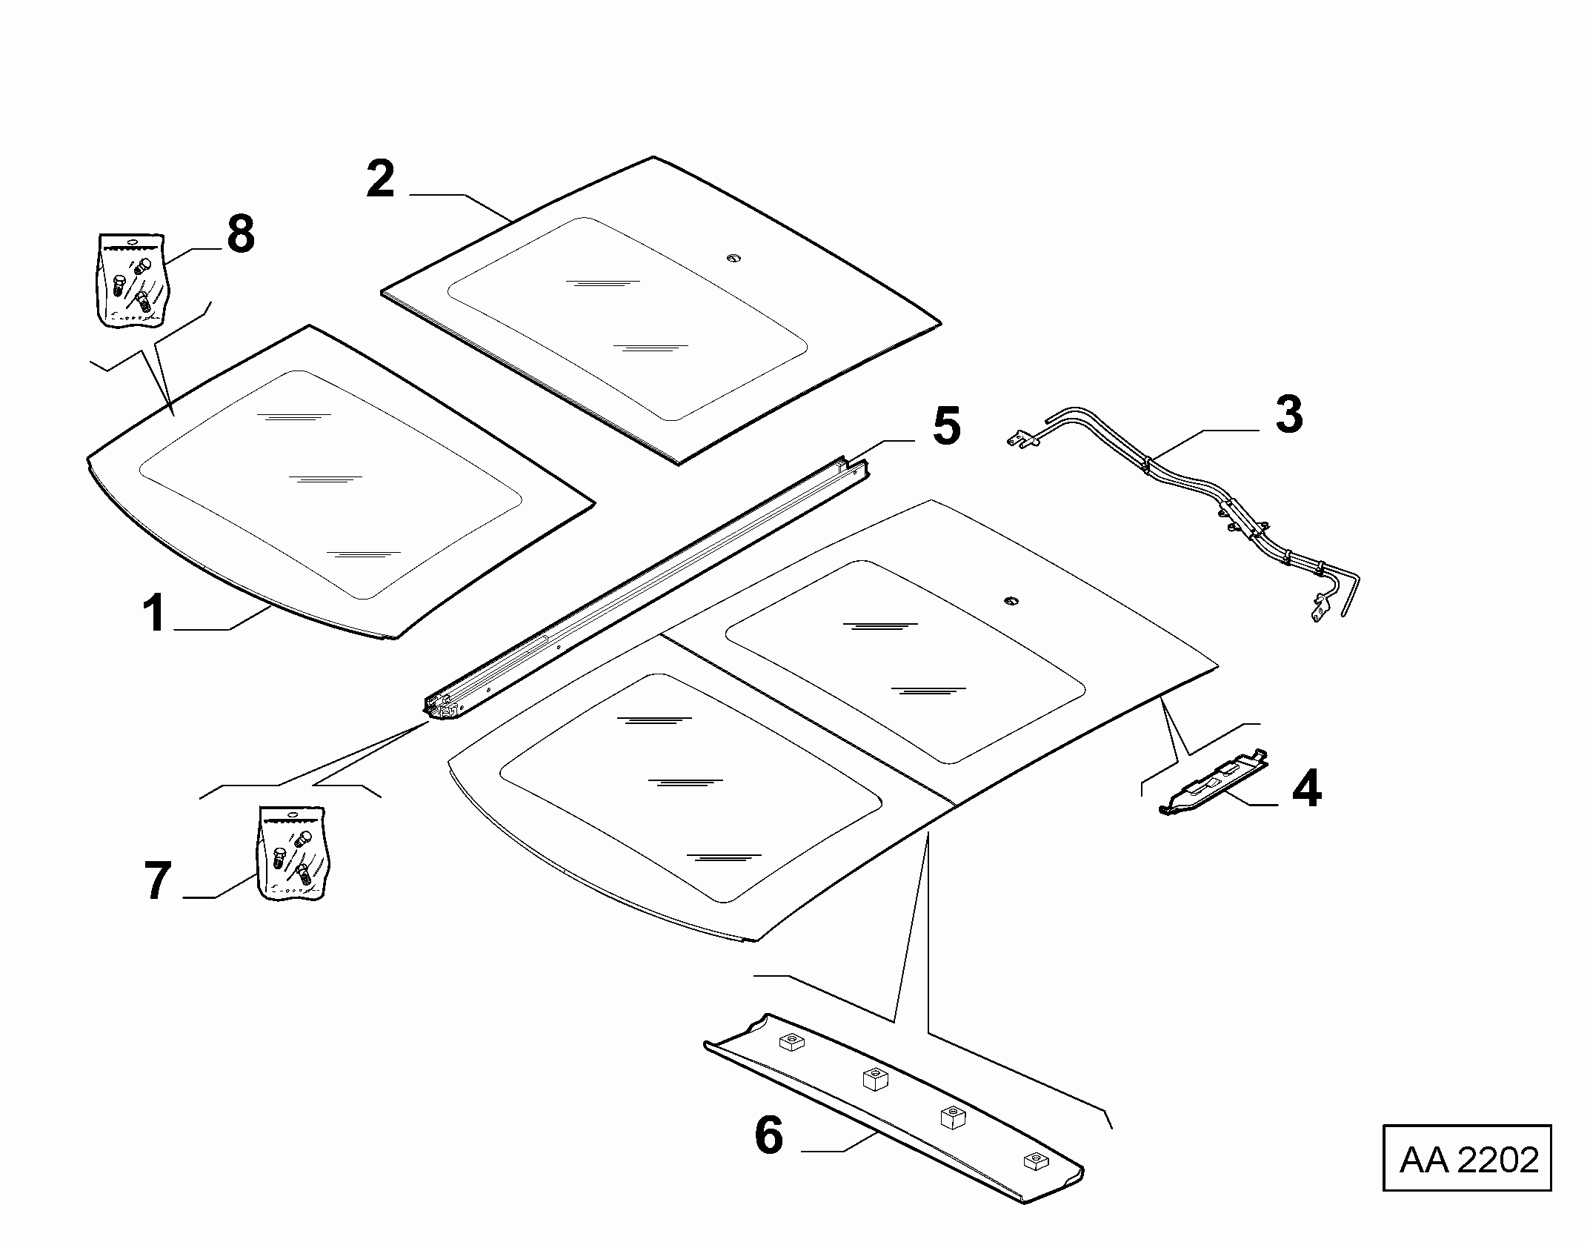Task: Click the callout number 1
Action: coord(154,614)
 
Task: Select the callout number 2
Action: coord(381,179)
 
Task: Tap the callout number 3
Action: coord(1289,415)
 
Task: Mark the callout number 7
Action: coord(158,881)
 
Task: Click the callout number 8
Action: coord(241,234)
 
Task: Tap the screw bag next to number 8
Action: coord(131,280)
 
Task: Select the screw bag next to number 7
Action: coord(292,854)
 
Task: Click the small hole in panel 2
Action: coord(733,257)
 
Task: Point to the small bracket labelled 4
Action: coord(1213,782)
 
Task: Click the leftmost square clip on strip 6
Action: coord(791,1043)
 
